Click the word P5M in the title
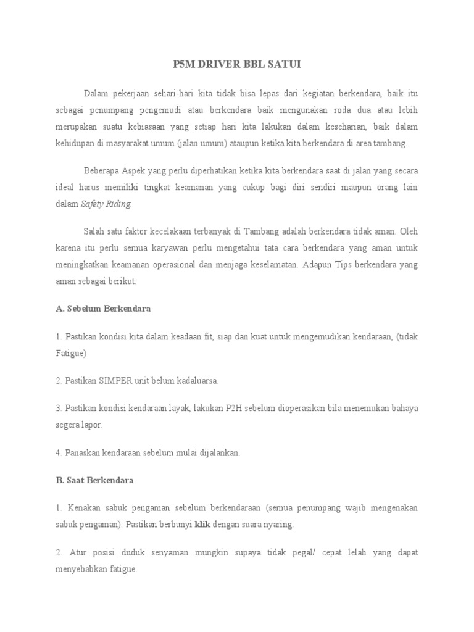tap(181, 64)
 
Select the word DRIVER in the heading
tap(217, 64)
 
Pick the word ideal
tap(65, 187)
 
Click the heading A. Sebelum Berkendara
tap(103, 307)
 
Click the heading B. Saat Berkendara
tap(94, 480)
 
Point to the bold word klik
tap(202, 525)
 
